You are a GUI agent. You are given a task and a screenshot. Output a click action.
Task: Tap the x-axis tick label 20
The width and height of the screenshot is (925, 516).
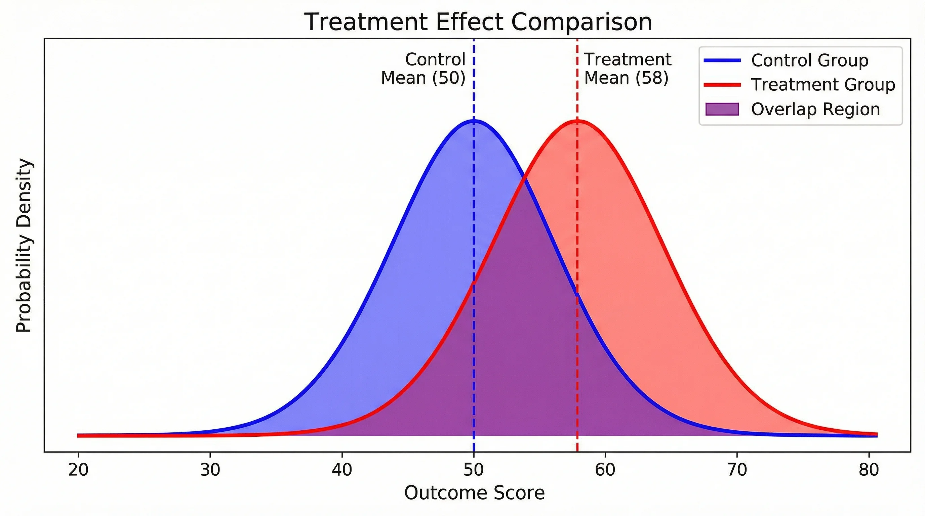[78, 470]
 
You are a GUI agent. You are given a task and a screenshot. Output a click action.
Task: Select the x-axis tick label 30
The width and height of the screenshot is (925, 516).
[210, 470]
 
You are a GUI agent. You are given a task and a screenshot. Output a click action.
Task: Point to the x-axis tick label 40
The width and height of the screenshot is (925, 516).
[342, 470]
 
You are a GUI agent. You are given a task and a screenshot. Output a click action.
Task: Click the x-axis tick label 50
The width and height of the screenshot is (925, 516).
[474, 470]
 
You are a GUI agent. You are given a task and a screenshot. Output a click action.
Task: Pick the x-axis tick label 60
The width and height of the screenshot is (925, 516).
[605, 470]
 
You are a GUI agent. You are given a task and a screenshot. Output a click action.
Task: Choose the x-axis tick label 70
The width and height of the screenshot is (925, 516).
[737, 470]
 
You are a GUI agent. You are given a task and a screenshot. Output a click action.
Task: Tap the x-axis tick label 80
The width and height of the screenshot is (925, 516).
[869, 470]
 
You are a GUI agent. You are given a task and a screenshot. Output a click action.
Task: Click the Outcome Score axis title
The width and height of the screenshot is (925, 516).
[474, 493]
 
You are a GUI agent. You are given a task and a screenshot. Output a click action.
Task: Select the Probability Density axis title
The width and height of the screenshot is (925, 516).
[25, 246]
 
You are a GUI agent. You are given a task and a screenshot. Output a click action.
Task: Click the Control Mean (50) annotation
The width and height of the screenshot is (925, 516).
[424, 69]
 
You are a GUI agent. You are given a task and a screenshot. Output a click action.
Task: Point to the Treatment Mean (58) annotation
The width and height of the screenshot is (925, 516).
[627, 69]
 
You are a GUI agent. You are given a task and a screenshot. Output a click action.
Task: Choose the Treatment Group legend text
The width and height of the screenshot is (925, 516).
[823, 85]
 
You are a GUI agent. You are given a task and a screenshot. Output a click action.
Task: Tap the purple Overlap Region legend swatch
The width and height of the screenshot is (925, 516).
[722, 109]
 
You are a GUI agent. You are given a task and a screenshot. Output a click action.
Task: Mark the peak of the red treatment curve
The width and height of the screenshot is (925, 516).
[577, 121]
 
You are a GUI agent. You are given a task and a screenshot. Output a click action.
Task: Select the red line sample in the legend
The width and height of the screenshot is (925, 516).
[722, 85]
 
